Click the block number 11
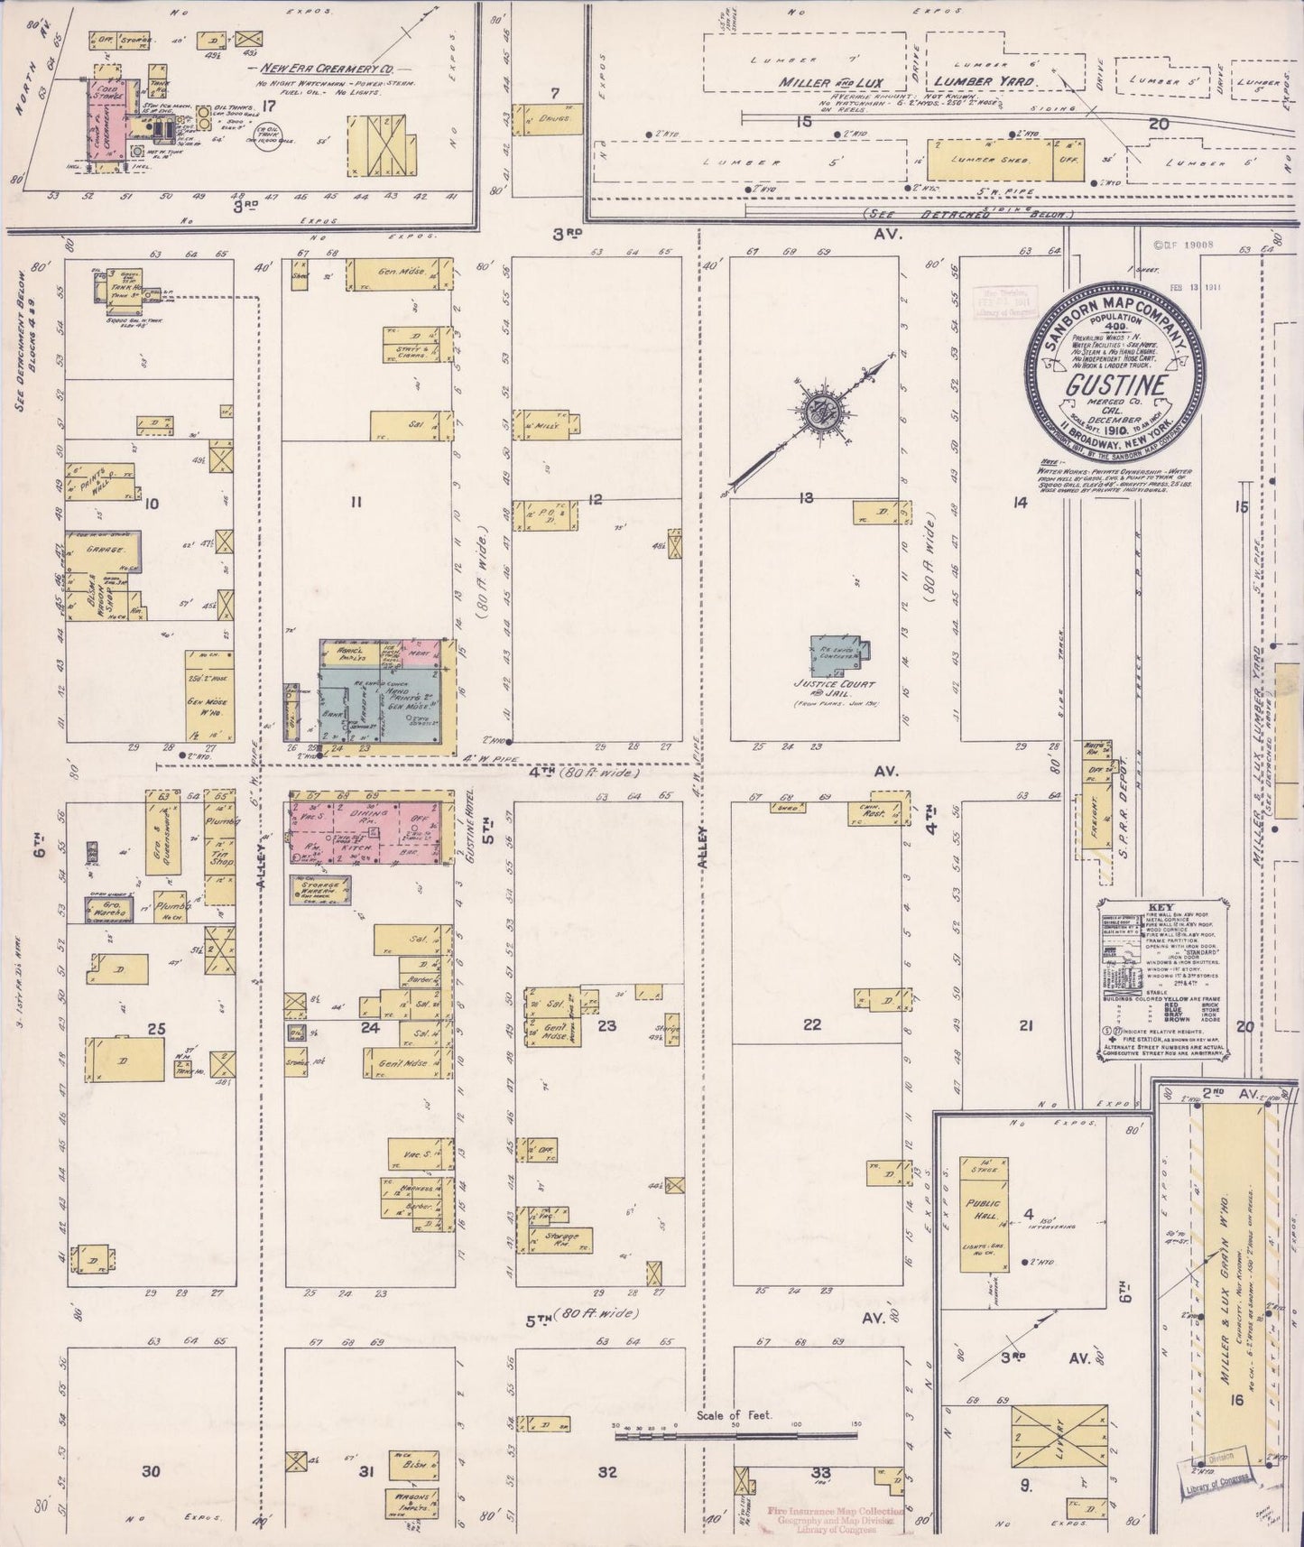coord(355,503)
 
